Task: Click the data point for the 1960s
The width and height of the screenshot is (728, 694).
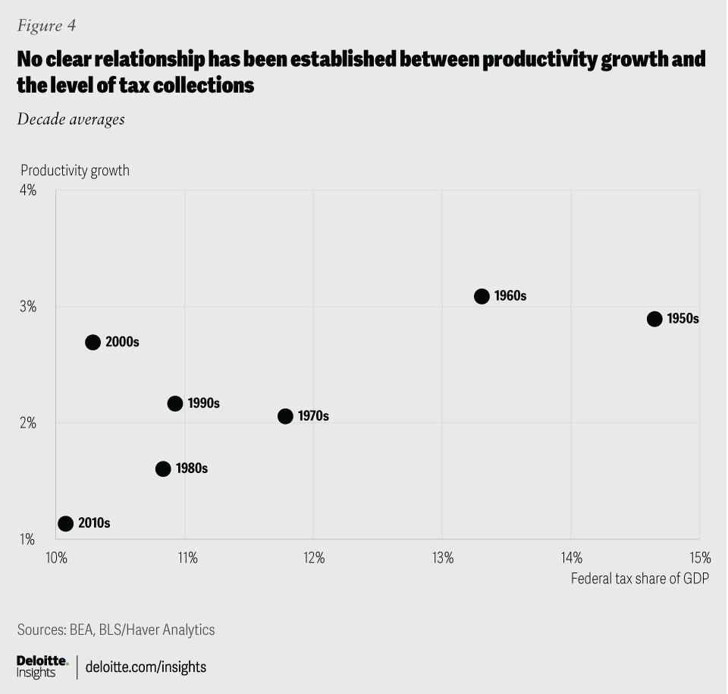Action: click(482, 296)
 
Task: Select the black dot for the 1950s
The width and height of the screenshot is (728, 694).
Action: click(654, 319)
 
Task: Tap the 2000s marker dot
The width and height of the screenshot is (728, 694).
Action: click(93, 342)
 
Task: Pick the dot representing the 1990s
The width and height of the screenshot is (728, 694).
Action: click(175, 403)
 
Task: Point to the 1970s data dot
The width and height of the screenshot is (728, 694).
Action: click(285, 416)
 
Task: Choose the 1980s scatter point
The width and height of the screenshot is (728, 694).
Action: click(163, 468)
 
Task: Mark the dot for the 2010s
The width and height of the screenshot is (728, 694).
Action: click(65, 523)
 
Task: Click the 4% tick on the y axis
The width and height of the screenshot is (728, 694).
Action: click(27, 190)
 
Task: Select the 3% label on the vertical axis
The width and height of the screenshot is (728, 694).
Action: click(27, 306)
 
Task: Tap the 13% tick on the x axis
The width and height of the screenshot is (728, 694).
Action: click(443, 558)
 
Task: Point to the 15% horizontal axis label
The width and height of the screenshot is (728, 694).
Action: click(699, 558)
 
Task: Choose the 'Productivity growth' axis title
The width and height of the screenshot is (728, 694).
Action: click(75, 170)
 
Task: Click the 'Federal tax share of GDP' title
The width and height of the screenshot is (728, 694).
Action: click(639, 579)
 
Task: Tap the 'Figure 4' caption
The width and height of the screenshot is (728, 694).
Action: click(45, 26)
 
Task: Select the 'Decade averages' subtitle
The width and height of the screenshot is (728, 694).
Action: click(71, 119)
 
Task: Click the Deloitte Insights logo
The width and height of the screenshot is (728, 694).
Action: click(42, 667)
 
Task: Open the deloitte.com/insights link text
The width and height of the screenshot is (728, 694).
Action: click(146, 667)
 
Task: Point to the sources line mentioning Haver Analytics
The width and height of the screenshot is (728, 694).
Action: click(116, 629)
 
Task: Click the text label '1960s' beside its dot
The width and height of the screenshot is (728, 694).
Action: click(510, 296)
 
